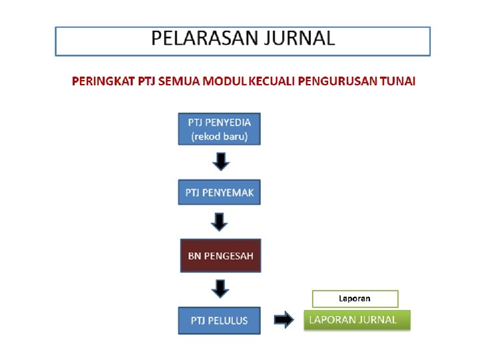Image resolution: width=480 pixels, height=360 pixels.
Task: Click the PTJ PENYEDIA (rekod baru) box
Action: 219,129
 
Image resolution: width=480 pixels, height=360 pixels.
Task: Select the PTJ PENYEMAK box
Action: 219,193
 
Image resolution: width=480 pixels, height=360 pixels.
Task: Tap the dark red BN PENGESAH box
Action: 220,255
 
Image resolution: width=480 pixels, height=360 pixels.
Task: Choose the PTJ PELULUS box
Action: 219,320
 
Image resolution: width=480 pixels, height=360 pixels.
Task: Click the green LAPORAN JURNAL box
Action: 357,320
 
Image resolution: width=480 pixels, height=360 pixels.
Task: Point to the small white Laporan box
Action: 355,298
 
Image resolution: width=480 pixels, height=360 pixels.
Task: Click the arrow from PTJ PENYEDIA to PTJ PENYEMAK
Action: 221,161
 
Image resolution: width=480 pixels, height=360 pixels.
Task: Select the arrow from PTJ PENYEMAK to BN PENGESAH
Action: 221,222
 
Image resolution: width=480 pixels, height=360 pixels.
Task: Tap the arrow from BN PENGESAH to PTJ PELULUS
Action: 221,288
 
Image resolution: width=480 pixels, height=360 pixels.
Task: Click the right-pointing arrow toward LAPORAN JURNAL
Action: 284,321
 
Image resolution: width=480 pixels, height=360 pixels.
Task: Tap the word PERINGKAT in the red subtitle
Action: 103,81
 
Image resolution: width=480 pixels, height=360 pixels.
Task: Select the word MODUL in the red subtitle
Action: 225,81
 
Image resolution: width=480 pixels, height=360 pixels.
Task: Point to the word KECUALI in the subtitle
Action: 272,81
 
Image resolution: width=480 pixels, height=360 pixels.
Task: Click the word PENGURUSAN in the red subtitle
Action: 338,81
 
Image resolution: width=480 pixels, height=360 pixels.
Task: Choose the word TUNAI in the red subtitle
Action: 398,81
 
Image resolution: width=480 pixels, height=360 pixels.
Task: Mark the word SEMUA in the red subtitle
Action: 179,81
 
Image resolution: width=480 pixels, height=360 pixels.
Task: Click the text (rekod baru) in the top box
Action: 219,136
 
